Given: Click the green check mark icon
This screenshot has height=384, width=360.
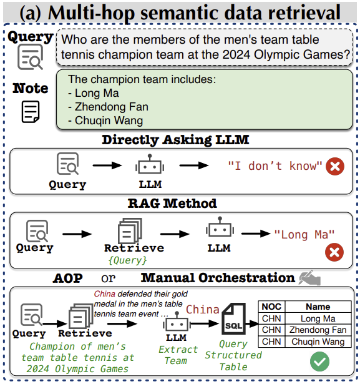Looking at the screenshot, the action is (319, 362).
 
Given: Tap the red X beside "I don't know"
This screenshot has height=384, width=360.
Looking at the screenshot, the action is (335, 166).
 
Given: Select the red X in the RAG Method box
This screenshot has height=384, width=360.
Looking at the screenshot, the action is (334, 252).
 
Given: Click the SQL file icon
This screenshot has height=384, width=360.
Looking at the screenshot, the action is (233, 318).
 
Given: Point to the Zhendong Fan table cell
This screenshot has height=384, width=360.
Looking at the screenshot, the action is (318, 330).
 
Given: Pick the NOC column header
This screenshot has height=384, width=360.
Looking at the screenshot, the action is (271, 307).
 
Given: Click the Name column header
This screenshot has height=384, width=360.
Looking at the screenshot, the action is (318, 307).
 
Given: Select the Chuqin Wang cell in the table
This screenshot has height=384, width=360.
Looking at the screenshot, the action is (318, 342).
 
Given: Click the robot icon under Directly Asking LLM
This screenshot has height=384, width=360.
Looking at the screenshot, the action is (150, 164).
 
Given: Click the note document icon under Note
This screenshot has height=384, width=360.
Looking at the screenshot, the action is (31, 112).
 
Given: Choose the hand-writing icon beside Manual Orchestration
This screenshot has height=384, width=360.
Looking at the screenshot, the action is (309, 278).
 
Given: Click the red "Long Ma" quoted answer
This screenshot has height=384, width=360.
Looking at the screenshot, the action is (304, 235).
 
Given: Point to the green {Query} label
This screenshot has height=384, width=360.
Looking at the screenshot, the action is (127, 260).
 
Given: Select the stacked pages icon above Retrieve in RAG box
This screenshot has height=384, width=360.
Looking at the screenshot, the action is (130, 230).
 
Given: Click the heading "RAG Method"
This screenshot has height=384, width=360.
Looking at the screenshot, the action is (172, 204).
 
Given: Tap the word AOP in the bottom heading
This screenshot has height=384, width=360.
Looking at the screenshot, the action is (68, 278).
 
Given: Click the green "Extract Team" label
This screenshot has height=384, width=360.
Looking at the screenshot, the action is (178, 355).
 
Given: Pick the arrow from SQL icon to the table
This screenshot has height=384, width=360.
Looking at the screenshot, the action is (252, 324).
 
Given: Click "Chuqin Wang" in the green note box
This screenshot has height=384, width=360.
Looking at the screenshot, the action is (109, 121).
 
